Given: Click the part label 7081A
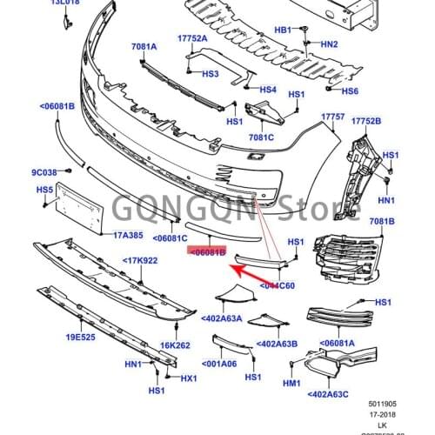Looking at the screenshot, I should [144, 46].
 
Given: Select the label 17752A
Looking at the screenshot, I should [192, 38].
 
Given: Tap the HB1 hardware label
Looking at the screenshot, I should [284, 30].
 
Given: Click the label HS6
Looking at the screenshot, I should [350, 91].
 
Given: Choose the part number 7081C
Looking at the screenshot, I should [261, 137].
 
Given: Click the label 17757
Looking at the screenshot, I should [333, 117].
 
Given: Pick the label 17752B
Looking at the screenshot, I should [370, 122].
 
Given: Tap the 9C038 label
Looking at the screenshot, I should [44, 171].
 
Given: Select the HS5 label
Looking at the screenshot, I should [44, 189].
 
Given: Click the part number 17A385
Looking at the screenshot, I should [128, 235].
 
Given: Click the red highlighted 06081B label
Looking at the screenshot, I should [207, 251].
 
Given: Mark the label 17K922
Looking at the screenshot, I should [139, 260].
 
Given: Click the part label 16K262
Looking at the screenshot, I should [174, 346].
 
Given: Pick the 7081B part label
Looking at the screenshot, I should [381, 223].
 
